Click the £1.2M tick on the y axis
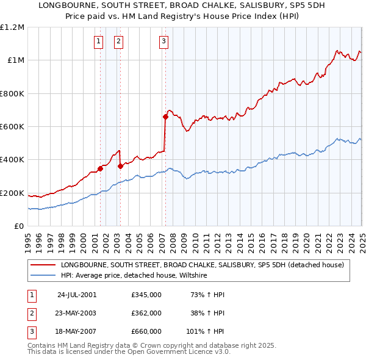coord(13,27)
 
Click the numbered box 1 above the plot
coord(98,41)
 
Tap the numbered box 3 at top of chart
coord(164,41)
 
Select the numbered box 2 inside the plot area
coord(118,41)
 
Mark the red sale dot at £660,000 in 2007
coord(165,117)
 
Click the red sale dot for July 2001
coord(100,169)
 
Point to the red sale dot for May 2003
coord(120,166)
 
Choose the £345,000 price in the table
coord(146,295)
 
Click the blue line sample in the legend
coord(43,276)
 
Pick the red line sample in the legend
coord(43,265)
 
